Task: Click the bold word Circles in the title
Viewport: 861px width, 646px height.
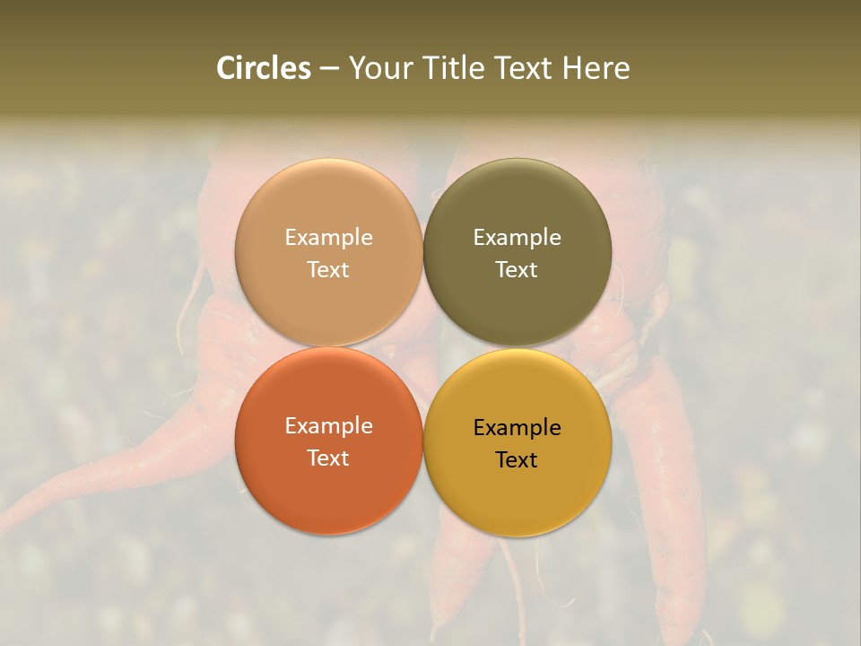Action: click(264, 68)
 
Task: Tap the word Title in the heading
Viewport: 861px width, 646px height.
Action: click(456, 68)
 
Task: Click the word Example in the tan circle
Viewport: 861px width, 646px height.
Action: click(328, 238)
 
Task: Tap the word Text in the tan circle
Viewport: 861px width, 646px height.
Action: click(328, 270)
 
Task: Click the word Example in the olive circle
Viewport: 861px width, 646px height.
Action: click(517, 238)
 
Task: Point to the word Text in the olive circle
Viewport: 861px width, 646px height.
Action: click(517, 270)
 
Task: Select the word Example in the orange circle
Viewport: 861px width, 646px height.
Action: click(328, 426)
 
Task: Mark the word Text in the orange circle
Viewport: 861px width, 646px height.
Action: click(328, 458)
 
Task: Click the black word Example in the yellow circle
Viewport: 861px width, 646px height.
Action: click(517, 428)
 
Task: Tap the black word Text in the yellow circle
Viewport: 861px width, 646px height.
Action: click(517, 460)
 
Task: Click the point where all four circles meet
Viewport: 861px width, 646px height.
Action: click(423, 346)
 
